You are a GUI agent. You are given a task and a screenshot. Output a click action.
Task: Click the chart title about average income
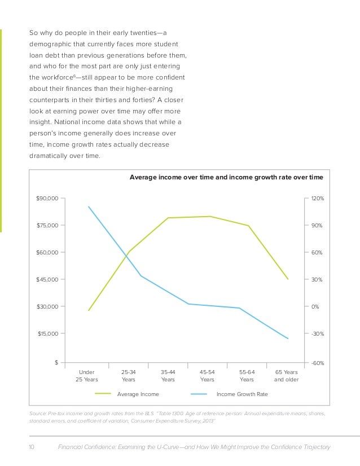point(226,177)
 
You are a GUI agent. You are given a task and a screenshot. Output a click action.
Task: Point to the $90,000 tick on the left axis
point(47,199)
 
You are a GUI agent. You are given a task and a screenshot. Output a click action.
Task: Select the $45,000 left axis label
point(47,280)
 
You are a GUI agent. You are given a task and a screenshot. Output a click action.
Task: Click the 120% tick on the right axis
point(317,199)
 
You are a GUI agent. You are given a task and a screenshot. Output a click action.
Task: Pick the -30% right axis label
point(317,334)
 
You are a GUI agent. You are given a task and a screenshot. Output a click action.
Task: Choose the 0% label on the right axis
point(316,307)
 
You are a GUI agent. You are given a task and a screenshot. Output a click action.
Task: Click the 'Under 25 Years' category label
point(87,376)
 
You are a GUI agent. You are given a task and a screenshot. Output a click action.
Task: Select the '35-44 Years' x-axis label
point(168,376)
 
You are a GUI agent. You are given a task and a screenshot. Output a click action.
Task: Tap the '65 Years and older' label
point(287,376)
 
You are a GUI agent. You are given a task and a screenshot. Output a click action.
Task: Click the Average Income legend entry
point(138,394)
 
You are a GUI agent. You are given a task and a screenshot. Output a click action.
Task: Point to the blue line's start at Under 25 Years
point(89,206)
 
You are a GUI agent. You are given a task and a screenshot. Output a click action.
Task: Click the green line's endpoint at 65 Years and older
point(288,279)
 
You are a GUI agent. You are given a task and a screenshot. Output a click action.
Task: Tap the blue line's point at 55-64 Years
point(240,308)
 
